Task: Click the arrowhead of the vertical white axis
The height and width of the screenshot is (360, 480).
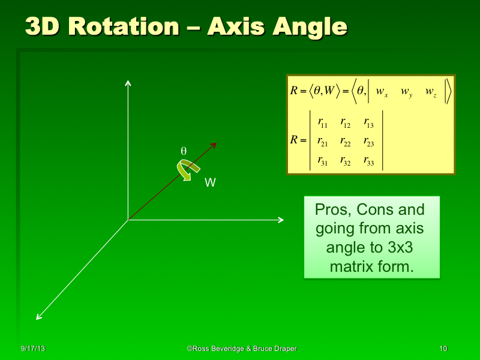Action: [128, 82]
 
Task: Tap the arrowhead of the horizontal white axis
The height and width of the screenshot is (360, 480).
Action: [280, 220]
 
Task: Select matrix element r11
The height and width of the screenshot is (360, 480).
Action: [322, 124]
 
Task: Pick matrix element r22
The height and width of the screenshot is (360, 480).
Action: [346, 142]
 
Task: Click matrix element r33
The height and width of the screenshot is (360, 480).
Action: [369, 160]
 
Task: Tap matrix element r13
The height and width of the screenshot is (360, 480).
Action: [369, 124]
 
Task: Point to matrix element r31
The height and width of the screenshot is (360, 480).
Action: [322, 160]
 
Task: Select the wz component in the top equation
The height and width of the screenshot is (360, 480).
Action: [431, 92]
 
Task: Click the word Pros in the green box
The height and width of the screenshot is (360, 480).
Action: [332, 210]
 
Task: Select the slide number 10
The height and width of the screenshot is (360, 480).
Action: [443, 349]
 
